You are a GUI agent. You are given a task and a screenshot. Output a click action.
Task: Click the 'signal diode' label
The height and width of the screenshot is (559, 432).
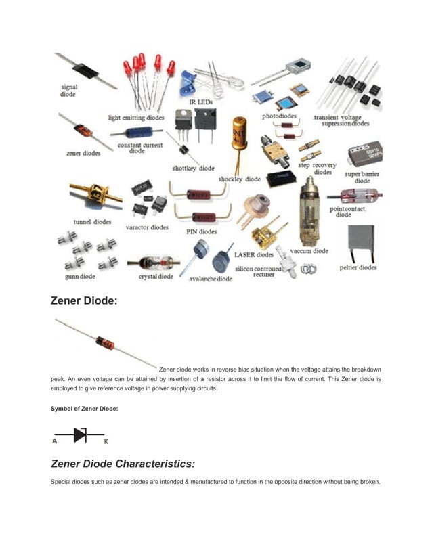tap(69, 91)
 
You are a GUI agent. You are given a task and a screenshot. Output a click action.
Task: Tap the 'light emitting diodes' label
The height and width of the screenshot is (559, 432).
tap(136, 118)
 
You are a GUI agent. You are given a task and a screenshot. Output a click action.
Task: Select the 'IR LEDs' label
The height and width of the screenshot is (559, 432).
tap(198, 101)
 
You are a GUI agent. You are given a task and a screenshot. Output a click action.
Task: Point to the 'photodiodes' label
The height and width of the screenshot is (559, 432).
tap(279, 116)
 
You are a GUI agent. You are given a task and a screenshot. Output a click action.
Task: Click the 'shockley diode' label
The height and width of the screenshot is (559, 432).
tap(239, 179)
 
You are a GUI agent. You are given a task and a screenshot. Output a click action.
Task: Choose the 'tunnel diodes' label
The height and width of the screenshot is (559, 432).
tap(92, 222)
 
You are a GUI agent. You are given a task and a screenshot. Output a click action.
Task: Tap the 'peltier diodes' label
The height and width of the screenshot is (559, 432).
tap(358, 267)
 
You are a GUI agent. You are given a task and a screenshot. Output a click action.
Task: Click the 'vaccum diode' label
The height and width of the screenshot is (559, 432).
tap(309, 250)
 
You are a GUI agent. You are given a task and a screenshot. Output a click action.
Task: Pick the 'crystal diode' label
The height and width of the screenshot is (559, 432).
tap(156, 276)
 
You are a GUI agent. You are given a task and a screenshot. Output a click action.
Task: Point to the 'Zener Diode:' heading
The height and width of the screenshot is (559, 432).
tap(84, 300)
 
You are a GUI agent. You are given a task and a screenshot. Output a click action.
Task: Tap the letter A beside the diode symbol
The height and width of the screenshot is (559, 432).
tap(54, 441)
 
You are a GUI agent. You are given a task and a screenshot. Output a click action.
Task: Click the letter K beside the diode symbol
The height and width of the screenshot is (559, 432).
tap(106, 441)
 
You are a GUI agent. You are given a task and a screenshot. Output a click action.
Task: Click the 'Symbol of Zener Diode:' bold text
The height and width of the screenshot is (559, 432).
tap(85, 408)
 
